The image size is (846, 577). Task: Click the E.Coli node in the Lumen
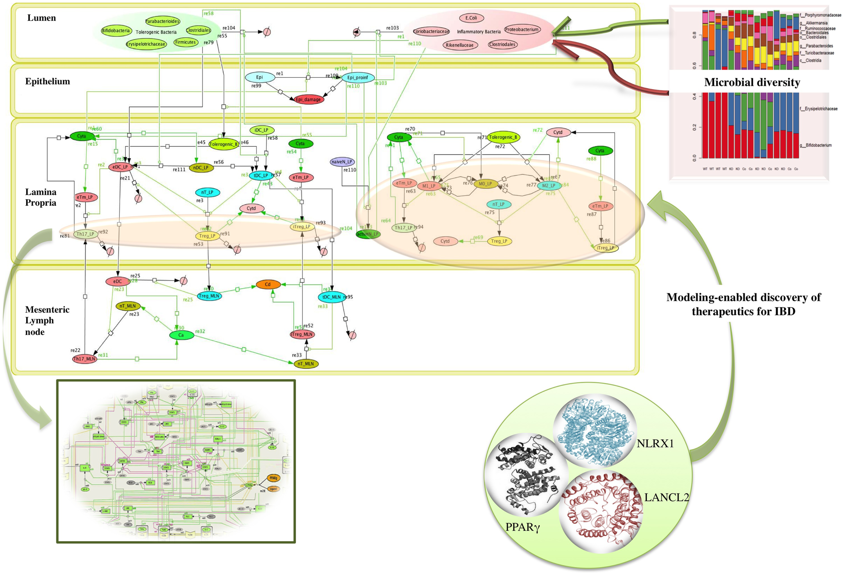(471, 18)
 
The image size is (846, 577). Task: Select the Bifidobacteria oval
(116, 30)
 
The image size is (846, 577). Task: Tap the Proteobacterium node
(522, 29)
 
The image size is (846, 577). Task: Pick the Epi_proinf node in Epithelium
(357, 77)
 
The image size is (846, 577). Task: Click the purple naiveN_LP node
(342, 162)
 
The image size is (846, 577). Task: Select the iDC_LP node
(261, 130)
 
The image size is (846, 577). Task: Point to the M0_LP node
(485, 184)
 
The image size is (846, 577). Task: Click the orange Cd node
(268, 284)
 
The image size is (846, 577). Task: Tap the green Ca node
(181, 335)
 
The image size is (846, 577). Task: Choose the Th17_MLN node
(85, 359)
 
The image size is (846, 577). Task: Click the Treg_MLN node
(209, 296)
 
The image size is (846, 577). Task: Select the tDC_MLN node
(331, 297)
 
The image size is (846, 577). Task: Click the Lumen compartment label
(42, 18)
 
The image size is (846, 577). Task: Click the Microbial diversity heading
(752, 82)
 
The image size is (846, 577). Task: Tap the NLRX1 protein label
(655, 443)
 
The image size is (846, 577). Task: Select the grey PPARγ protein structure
(526, 475)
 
